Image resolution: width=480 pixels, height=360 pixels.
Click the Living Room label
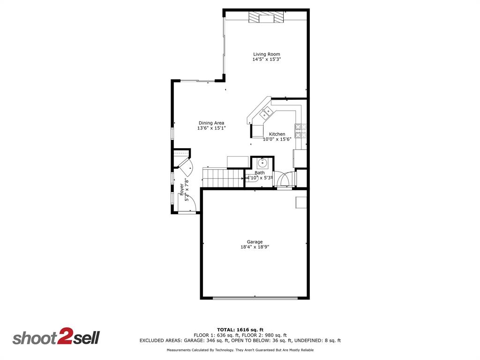266,54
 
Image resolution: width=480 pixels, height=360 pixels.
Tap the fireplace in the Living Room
266,17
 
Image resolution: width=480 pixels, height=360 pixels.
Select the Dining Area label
211,123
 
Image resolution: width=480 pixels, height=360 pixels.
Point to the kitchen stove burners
300,130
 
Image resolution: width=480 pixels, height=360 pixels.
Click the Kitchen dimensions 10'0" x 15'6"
277,139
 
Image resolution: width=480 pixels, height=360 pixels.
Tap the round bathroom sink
262,163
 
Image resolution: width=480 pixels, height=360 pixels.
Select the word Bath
259,173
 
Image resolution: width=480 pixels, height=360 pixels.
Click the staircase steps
223,178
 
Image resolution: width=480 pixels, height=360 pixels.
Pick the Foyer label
181,189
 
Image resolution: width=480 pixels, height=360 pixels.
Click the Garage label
255,242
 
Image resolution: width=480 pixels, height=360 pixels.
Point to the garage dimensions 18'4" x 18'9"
255,247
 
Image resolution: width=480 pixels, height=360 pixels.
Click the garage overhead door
255,297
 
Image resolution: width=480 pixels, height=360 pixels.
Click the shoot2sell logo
56,338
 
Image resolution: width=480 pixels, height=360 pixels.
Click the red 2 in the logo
64,337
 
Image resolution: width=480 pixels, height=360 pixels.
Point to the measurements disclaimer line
240,350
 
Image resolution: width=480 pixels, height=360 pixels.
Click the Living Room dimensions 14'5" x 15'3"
266,60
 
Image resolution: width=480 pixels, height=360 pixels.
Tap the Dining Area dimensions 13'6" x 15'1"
211,128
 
